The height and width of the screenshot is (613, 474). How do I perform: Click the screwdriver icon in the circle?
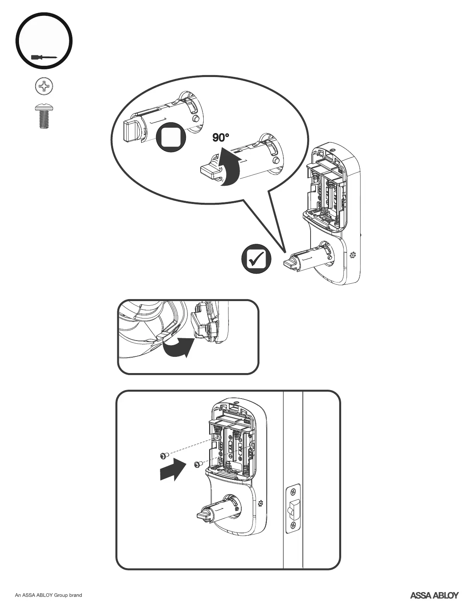pyautogui.click(x=43, y=58)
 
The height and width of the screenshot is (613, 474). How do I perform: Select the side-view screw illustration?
pyautogui.click(x=43, y=116)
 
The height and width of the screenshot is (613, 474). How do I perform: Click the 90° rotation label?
pyautogui.click(x=221, y=138)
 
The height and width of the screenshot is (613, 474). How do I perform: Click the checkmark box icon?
pyautogui.click(x=256, y=259)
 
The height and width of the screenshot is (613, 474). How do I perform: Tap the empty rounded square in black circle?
pyautogui.click(x=171, y=138)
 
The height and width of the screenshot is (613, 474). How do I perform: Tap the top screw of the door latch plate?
pyautogui.click(x=294, y=493)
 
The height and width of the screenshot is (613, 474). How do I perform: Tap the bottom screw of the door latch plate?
pyautogui.click(x=294, y=526)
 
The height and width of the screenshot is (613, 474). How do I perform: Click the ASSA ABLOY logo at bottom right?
pyautogui.click(x=434, y=595)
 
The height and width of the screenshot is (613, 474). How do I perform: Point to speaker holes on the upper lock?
pyautogui.click(x=353, y=255)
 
